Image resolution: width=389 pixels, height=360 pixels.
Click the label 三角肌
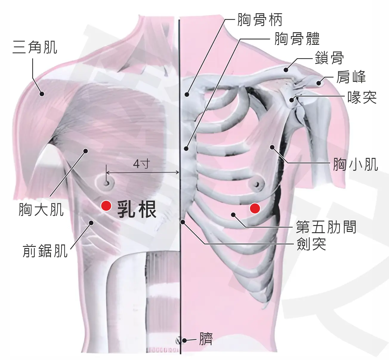[35, 47]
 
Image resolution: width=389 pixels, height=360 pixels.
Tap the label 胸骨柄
[260, 20]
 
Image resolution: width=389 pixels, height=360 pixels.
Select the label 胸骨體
[297, 39]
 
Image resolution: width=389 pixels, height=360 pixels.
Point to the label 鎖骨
[329, 58]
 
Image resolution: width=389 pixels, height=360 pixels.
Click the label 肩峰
[351, 77]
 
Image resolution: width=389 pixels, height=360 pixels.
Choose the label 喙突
[362, 97]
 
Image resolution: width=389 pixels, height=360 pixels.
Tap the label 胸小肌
[356, 164]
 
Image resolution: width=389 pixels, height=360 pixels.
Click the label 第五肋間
[326, 227]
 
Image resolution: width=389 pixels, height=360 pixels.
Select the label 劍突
[311, 244]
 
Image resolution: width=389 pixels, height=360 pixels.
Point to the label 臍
[206, 339]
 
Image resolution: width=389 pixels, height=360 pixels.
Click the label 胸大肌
[41, 210]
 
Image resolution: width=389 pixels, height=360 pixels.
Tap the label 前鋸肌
[45, 251]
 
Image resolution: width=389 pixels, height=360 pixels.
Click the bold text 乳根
[137, 210]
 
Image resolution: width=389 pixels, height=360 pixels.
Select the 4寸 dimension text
[142, 164]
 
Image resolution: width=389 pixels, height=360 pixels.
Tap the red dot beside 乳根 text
[106, 206]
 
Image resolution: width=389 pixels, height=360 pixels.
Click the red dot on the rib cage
[255, 208]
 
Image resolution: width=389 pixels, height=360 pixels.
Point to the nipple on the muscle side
[106, 183]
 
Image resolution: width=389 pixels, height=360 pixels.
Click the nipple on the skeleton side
[257, 184]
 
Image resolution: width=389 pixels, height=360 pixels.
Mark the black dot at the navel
[184, 340]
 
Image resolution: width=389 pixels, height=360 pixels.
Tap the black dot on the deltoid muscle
[42, 94]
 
